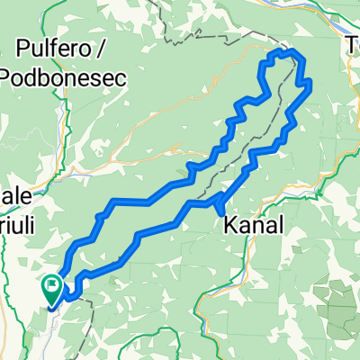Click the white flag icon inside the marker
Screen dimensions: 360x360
(53, 289)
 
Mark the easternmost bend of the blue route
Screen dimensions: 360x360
(310, 85)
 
